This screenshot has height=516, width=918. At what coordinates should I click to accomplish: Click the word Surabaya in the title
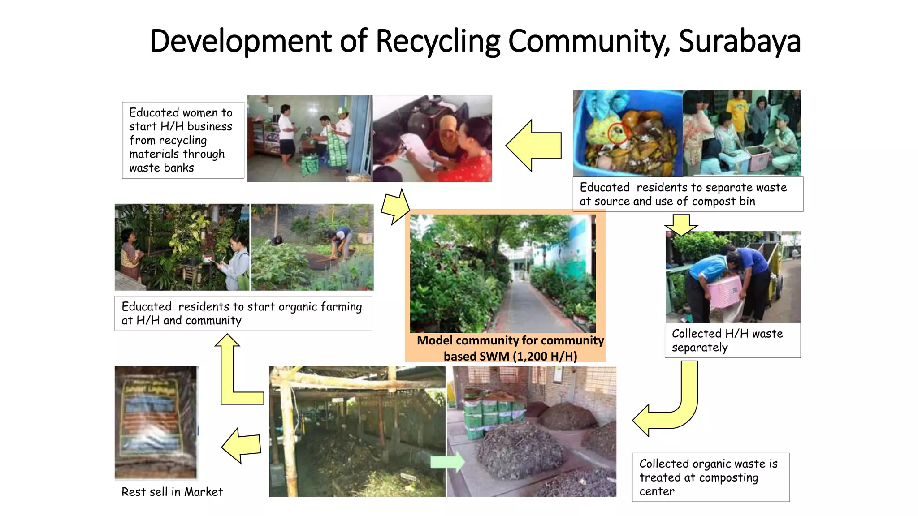point(739,41)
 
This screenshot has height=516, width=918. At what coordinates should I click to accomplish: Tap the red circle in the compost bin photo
point(618,133)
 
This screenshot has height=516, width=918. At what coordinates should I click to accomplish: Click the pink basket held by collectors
point(724,292)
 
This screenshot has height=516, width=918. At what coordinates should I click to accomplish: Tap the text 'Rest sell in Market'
point(172,492)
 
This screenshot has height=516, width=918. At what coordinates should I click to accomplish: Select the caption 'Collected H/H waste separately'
point(727,340)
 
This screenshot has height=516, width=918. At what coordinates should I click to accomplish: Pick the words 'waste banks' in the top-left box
point(161,168)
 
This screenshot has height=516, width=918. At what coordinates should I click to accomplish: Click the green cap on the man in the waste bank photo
point(342,110)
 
